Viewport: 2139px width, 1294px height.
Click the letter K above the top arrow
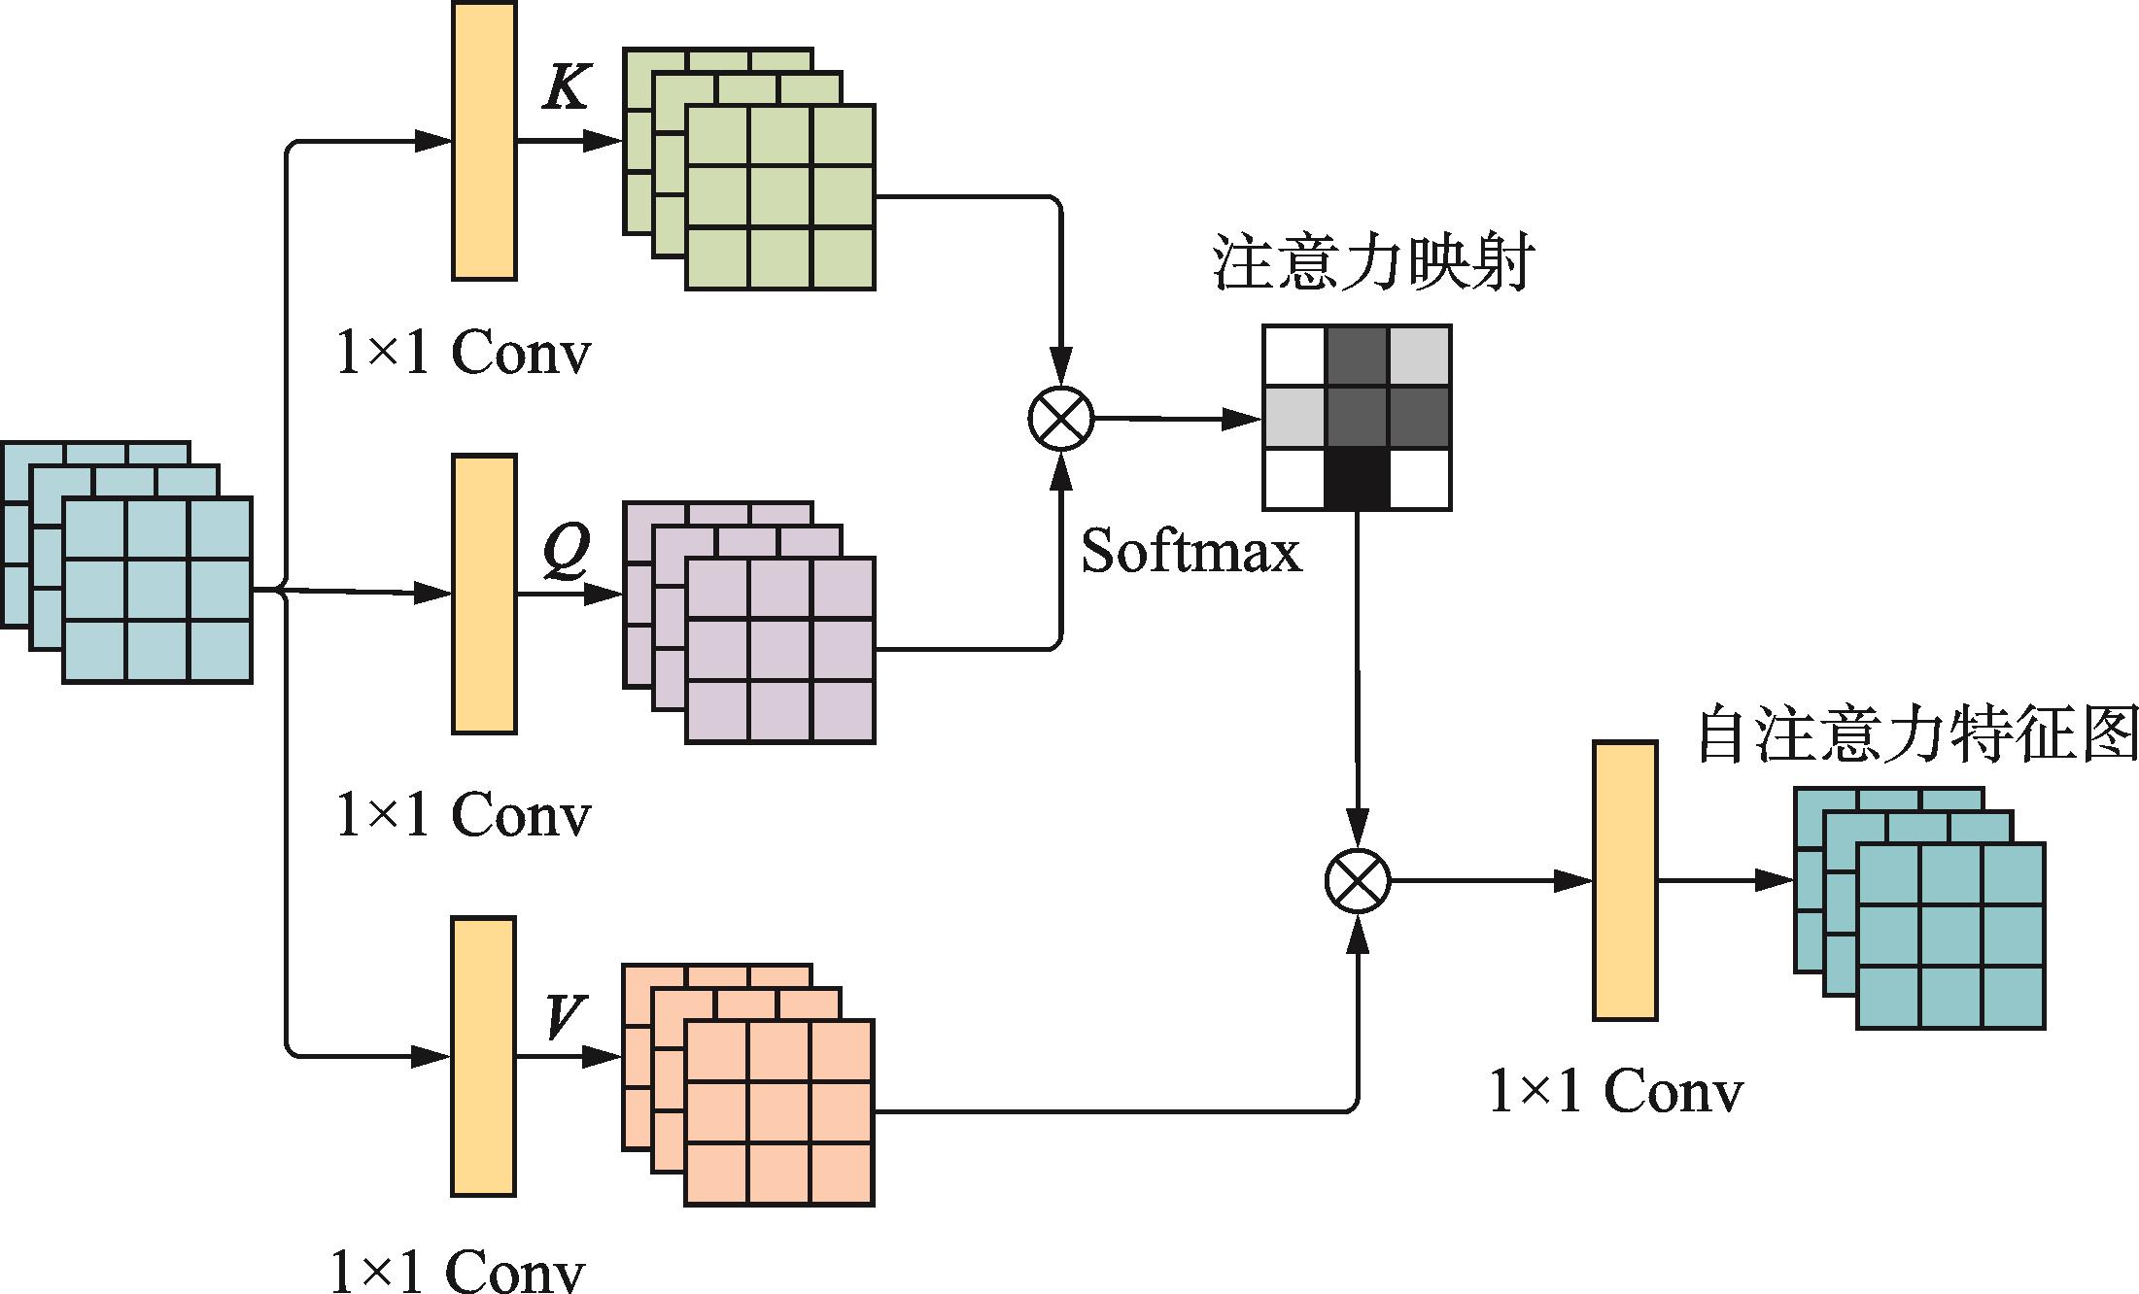pyautogui.click(x=567, y=86)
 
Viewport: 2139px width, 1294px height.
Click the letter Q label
pyautogui.click(x=567, y=551)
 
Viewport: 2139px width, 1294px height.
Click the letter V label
pyautogui.click(x=565, y=1016)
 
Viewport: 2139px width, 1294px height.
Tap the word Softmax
pyautogui.click(x=1190, y=552)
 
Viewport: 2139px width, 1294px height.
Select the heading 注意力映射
pyautogui.click(x=1373, y=262)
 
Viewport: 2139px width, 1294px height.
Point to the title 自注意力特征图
pyautogui.click(x=1916, y=734)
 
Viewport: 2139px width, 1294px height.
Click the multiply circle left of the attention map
pyautogui.click(x=1061, y=419)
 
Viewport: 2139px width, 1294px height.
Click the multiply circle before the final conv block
pyautogui.click(x=1358, y=881)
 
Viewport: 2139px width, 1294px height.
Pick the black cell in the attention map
pyautogui.click(x=1357, y=479)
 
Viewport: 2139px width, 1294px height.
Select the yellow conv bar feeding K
pyautogui.click(x=484, y=141)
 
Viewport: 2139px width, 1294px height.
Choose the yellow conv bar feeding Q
pyautogui.click(x=484, y=594)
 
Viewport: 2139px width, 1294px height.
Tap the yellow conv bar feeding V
pyautogui.click(x=483, y=1056)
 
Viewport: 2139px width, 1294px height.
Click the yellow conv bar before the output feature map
pyautogui.click(x=1625, y=880)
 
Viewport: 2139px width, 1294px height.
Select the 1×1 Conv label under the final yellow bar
pyautogui.click(x=1615, y=1092)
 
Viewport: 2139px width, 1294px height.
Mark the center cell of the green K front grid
pyautogui.click(x=780, y=197)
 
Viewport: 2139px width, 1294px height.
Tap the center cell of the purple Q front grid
pyautogui.click(x=780, y=650)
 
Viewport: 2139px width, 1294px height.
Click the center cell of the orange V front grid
pyautogui.click(x=779, y=1112)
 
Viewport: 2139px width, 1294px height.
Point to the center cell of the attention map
pyautogui.click(x=1357, y=418)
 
